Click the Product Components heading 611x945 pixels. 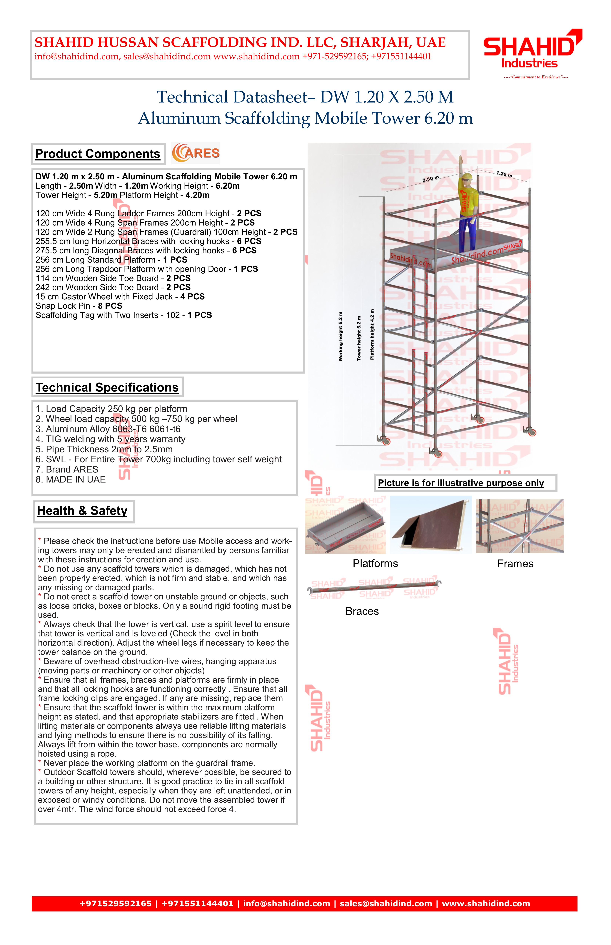98,154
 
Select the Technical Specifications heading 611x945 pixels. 107,387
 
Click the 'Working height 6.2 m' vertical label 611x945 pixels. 340,336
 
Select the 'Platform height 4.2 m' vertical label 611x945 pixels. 372,334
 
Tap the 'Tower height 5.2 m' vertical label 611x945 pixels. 359,338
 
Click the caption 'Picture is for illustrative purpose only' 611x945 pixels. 461,483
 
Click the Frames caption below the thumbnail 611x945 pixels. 515,564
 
